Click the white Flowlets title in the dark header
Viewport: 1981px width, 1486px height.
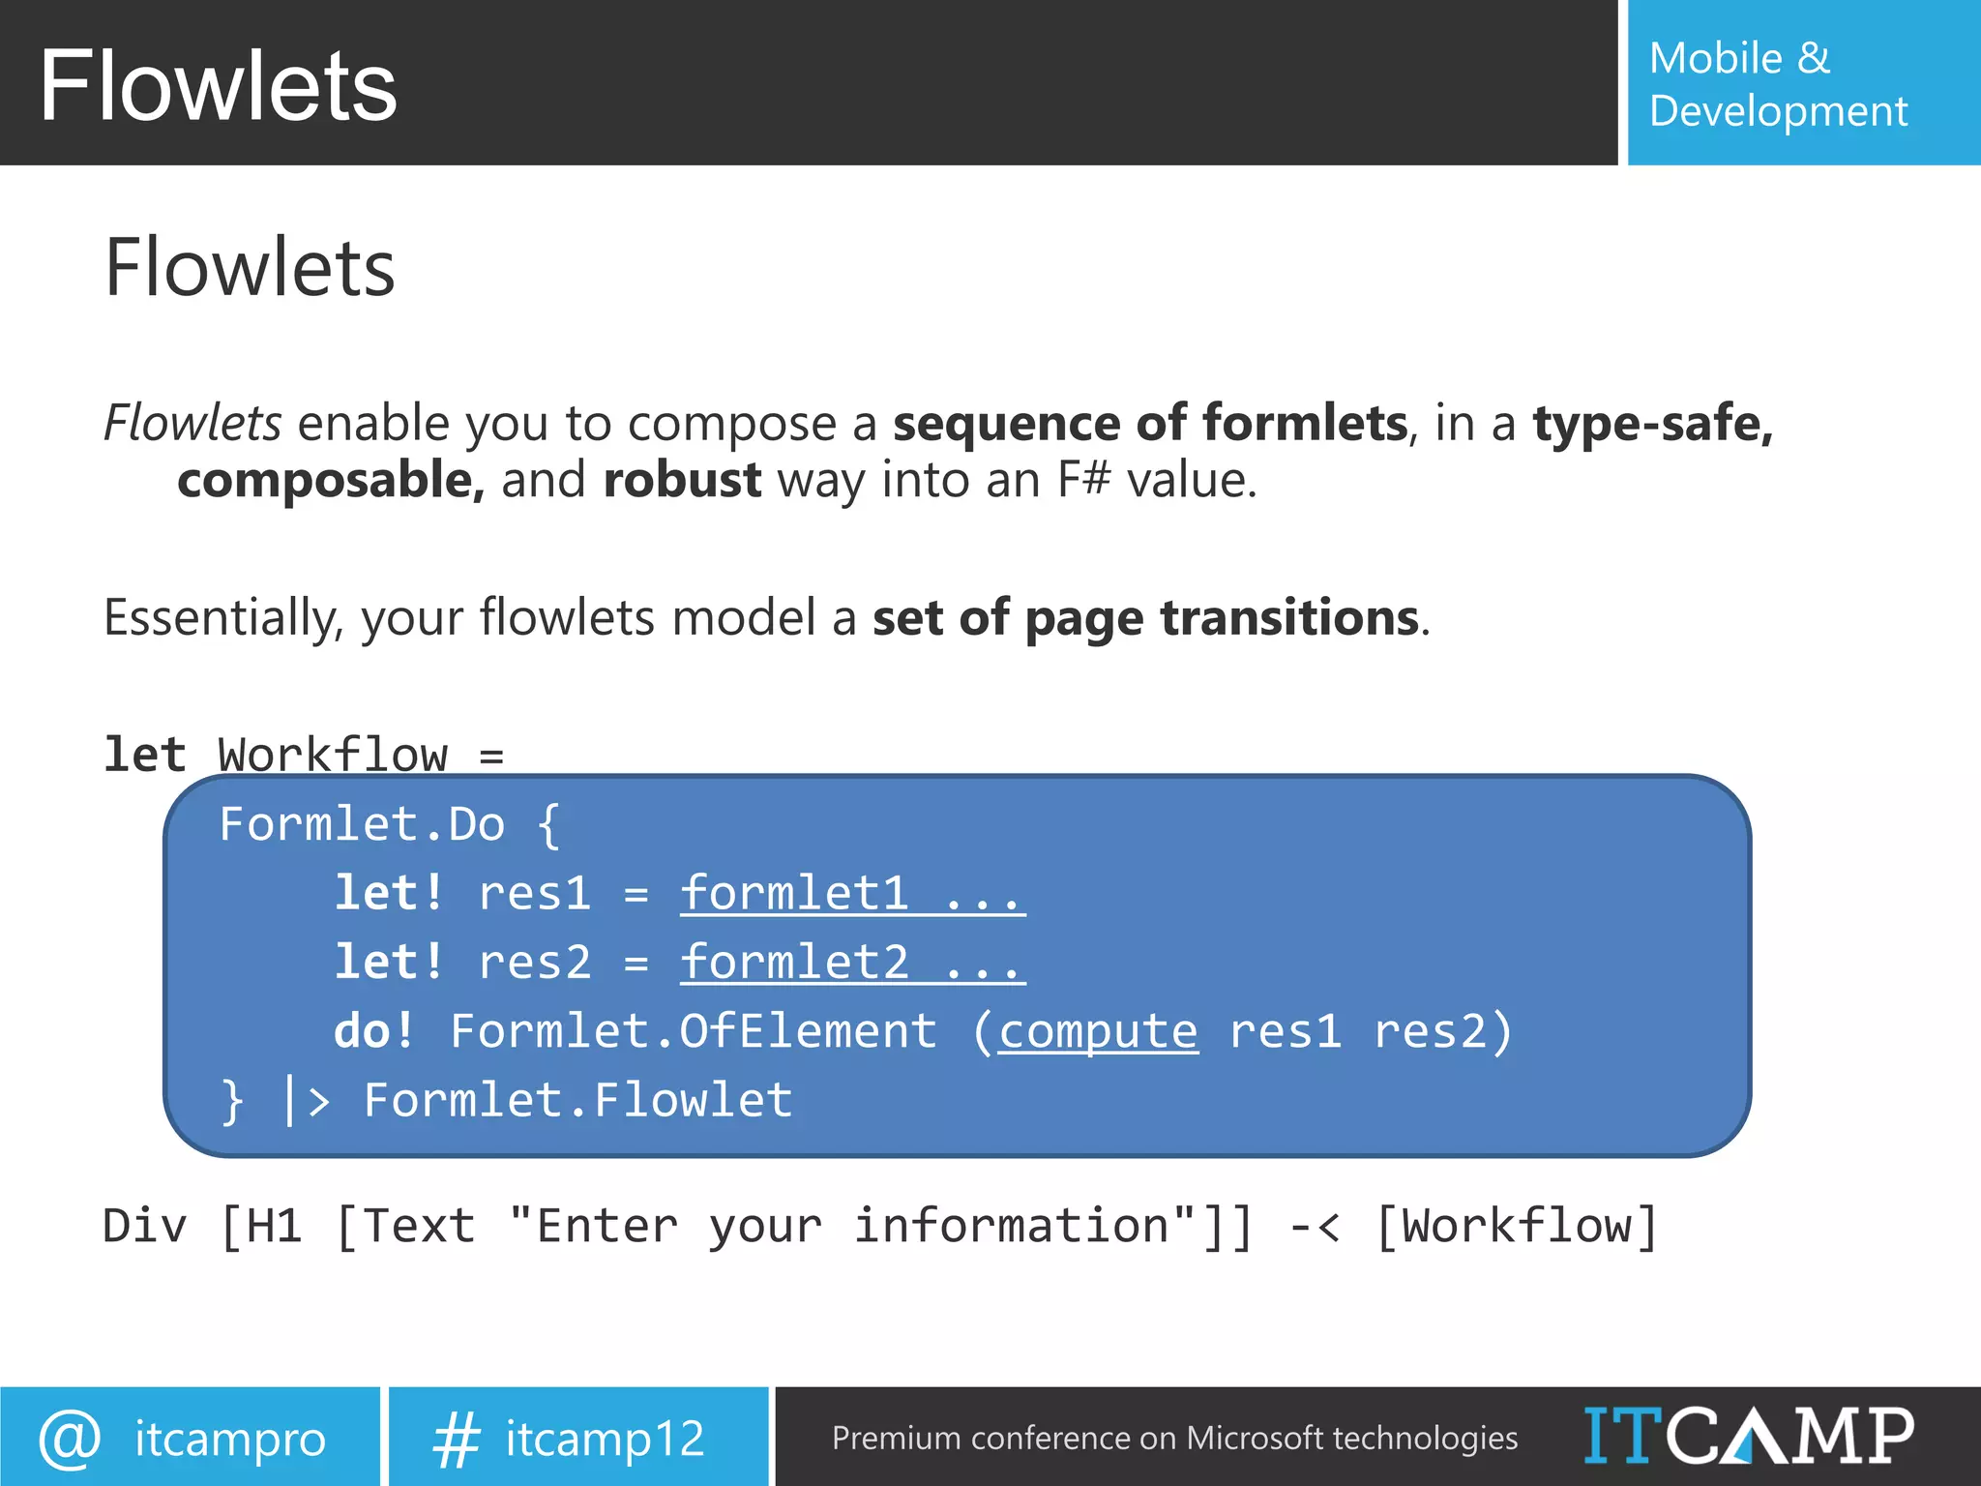219,87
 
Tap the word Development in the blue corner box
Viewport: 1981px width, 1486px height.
1778,111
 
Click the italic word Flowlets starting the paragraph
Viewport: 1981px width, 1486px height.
192,423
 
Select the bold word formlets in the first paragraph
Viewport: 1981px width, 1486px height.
1305,424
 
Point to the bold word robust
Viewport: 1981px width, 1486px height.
682,480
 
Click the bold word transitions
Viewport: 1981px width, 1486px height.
1289,617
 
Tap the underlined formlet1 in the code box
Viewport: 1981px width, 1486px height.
795,892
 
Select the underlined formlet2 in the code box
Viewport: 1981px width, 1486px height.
795,962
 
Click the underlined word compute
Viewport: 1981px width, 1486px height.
1098,1031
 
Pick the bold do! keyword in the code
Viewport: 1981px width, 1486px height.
374,1031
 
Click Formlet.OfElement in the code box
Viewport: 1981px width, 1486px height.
694,1031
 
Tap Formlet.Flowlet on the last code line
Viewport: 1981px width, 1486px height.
577,1101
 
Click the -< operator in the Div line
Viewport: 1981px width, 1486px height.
1315,1227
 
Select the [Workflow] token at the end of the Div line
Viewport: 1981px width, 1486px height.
1516,1227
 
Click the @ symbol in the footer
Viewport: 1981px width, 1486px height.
70,1439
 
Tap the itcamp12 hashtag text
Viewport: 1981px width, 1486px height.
605,1439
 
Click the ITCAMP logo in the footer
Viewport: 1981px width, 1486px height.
1749,1436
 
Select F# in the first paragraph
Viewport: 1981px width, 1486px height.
1083,480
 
